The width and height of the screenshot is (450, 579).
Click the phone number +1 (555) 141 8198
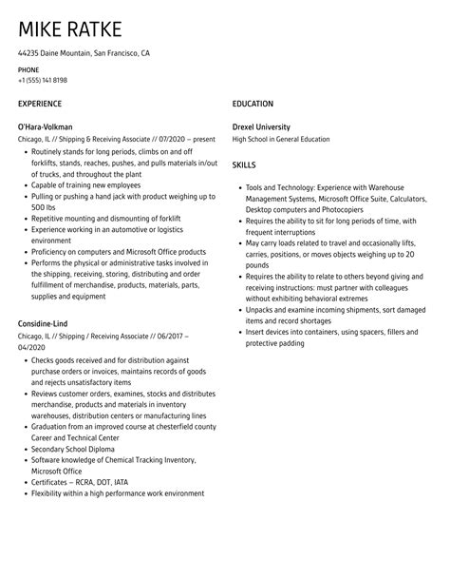pos(43,81)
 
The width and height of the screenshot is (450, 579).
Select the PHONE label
pos(28,70)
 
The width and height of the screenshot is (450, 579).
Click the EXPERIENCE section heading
pos(40,104)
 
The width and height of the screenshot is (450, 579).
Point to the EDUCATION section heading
pos(253,104)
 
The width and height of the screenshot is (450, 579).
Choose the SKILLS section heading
pos(244,164)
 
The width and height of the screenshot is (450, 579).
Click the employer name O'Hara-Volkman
pos(46,126)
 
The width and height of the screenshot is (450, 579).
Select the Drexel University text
pos(261,126)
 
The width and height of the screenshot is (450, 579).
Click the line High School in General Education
pos(281,139)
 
